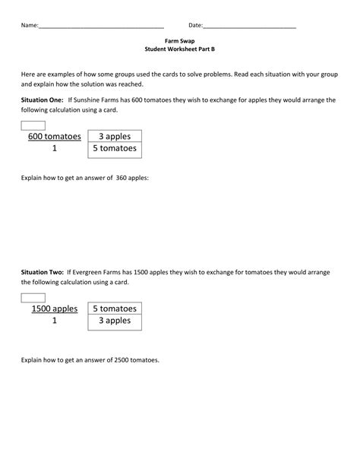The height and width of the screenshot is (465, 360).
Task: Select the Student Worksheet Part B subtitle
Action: click(179, 49)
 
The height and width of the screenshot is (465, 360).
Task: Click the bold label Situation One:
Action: click(43, 100)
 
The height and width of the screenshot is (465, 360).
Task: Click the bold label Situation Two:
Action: click(43, 271)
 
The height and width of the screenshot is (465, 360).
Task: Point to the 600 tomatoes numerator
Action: click(55, 137)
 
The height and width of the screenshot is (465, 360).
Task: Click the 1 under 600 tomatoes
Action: click(55, 149)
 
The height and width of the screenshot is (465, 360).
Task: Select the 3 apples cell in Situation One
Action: click(115, 137)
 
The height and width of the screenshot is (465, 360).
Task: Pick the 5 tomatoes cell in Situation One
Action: click(115, 149)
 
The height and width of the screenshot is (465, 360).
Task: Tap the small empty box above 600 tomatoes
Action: click(33, 125)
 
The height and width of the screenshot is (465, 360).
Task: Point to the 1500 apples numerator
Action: click(55, 309)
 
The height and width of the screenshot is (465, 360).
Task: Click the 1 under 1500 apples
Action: click(55, 321)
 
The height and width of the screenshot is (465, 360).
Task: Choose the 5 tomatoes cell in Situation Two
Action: click(115, 309)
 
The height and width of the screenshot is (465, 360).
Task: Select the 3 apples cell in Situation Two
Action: click(115, 321)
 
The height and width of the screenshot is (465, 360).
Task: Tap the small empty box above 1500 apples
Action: click(33, 297)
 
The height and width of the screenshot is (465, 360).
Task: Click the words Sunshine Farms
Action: click(93, 100)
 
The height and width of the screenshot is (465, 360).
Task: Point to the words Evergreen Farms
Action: click(96, 271)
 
